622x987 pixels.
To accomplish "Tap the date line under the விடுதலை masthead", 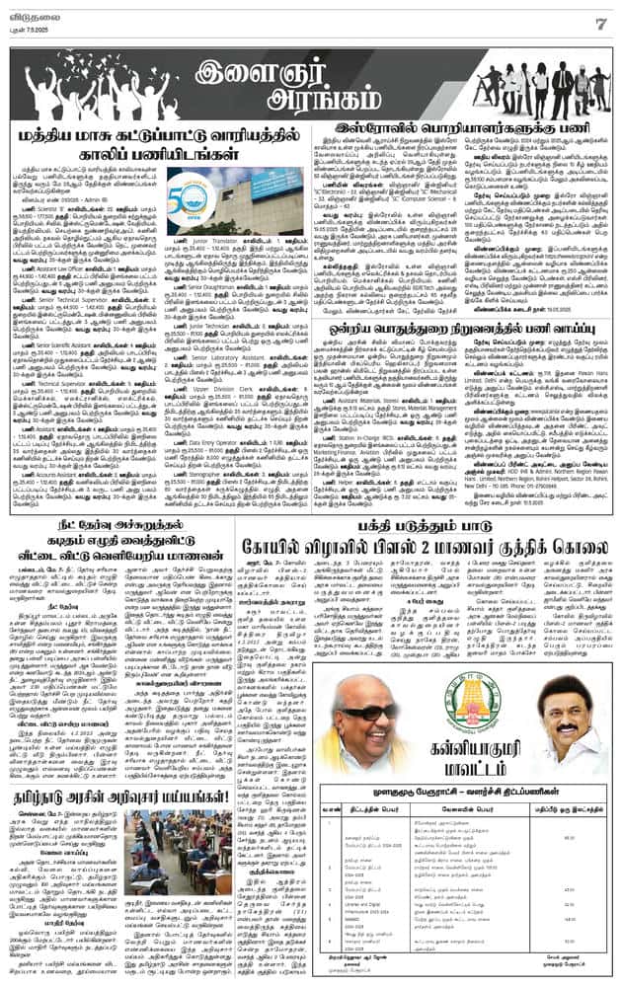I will pyautogui.click(x=30, y=27).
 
